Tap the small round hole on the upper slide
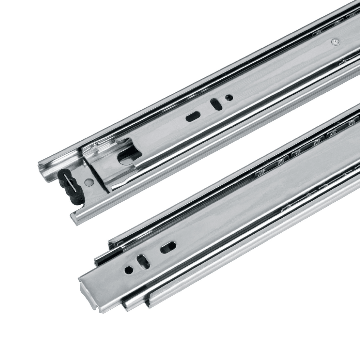point(229,97)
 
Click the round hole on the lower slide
point(128,269)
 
